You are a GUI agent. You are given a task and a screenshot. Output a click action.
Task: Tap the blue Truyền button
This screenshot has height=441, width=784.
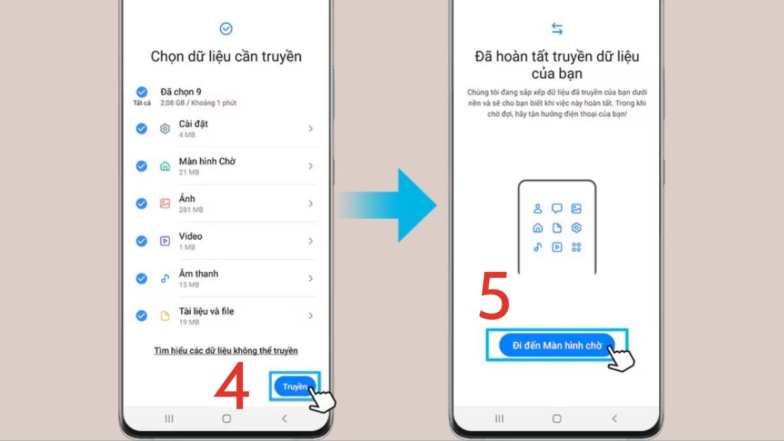(x=295, y=386)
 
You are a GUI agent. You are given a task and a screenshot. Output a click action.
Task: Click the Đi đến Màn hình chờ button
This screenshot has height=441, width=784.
(x=557, y=346)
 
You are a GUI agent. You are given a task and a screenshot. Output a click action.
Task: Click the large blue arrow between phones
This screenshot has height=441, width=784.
(x=392, y=204)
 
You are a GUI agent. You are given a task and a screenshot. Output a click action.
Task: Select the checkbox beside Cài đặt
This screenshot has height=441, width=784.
(x=141, y=129)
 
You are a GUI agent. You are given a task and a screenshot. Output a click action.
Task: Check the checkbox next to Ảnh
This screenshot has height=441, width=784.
(x=141, y=203)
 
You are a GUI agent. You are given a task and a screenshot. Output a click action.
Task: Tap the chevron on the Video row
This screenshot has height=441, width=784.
(x=310, y=241)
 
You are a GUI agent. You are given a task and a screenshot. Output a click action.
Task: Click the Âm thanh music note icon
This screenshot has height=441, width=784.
(x=165, y=278)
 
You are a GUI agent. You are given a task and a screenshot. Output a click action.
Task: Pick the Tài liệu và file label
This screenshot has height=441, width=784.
(x=206, y=311)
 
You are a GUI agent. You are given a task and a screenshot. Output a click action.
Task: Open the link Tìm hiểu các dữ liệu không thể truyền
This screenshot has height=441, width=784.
(x=225, y=351)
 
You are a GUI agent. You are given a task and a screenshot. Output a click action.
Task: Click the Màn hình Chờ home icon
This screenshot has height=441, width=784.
(x=165, y=166)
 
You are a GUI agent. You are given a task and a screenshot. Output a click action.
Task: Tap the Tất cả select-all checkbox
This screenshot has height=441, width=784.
(x=141, y=92)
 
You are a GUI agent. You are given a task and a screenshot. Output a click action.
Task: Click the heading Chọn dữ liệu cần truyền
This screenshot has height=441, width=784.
(x=226, y=56)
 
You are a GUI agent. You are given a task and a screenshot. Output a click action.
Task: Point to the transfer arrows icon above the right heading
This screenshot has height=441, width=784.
(x=557, y=29)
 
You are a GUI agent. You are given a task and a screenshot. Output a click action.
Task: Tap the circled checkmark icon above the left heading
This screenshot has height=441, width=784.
(x=226, y=29)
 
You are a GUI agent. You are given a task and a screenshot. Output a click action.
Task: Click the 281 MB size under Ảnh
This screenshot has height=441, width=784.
(x=191, y=210)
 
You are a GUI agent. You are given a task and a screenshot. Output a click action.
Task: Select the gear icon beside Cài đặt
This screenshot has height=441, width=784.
(x=165, y=129)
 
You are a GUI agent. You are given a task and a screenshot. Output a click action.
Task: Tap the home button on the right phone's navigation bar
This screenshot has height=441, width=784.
(x=557, y=418)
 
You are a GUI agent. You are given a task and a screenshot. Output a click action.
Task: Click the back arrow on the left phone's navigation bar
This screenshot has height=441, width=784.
(x=284, y=418)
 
